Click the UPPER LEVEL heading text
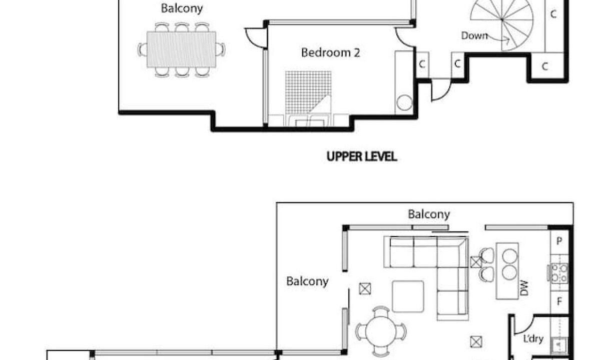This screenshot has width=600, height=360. [x=362, y=156]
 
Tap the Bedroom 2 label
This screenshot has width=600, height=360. [x=331, y=52]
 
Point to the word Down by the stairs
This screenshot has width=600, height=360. [x=474, y=35]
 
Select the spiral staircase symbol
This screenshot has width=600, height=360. [x=501, y=23]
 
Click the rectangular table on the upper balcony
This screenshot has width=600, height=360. [x=181, y=49]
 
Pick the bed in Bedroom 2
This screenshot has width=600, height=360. [x=308, y=98]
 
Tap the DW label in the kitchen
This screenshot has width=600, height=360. [x=524, y=288]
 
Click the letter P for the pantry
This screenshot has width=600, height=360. [x=559, y=241]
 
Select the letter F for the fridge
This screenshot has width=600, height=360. [x=559, y=301]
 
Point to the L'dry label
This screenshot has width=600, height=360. [x=533, y=338]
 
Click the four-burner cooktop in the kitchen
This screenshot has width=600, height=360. [x=559, y=273]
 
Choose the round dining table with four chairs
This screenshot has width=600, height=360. [x=381, y=331]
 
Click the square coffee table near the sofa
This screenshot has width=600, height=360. [x=408, y=296]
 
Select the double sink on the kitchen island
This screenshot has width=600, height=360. [x=510, y=265]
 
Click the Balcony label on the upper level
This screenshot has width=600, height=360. [x=182, y=8]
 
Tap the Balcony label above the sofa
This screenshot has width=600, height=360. [x=429, y=214]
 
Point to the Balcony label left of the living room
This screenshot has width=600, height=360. [x=307, y=281]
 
